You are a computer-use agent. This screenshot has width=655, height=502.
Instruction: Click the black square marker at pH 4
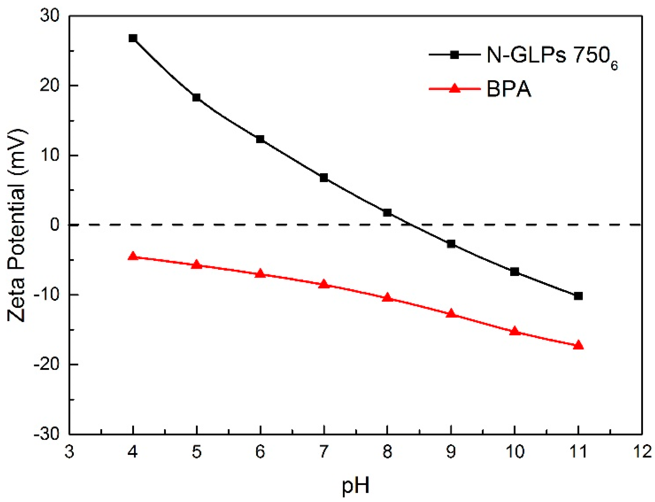coord(133,38)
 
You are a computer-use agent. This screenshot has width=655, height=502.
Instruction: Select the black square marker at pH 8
coord(387,213)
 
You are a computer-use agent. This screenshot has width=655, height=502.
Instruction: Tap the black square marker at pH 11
coord(578,296)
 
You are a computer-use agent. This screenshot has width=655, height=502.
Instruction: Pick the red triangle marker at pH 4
coord(133,256)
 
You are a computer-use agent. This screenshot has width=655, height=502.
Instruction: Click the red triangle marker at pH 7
coord(324,284)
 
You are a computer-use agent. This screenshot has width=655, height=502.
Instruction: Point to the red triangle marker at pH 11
coord(578,345)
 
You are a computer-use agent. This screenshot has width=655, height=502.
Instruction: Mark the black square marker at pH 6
coord(260,139)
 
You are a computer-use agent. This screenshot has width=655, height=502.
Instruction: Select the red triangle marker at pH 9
coord(451,313)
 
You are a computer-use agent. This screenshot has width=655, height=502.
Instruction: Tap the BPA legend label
coord(509,89)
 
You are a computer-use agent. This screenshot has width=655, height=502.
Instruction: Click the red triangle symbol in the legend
coord(455,89)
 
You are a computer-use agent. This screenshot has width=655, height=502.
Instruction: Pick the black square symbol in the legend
coord(455,55)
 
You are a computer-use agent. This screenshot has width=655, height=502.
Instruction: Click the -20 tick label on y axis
coord(47,365)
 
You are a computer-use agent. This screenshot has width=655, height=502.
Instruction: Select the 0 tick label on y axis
coord(55,224)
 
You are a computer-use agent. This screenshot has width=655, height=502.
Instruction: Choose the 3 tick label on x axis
coord(69,452)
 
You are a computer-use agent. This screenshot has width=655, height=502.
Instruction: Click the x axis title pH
coord(356,486)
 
